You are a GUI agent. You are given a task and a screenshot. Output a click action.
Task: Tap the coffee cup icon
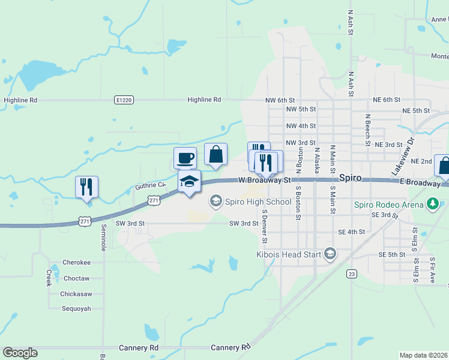coord(185,157)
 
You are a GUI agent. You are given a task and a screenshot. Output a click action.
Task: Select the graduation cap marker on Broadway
coord(189,182)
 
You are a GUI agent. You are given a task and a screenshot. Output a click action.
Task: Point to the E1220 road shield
coord(123,100)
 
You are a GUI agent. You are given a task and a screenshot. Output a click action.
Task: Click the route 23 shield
coord(352,274)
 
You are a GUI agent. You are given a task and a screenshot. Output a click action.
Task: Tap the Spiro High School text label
coord(259,202)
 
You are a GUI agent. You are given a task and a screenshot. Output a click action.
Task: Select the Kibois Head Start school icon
coord(330,254)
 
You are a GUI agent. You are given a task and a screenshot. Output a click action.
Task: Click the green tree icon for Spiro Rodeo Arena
coord(432,205)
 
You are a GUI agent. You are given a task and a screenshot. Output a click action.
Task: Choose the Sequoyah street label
coord(76,308)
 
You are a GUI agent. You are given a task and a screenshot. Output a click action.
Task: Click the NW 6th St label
coord(280,100)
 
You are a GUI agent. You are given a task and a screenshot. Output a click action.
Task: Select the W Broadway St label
coord(264,179)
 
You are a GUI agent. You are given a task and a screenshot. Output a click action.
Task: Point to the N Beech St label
coord(367,130)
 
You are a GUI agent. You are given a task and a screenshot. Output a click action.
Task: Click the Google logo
coord(20,353)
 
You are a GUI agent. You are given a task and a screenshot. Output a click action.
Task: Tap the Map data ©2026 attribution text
coord(423,355)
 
